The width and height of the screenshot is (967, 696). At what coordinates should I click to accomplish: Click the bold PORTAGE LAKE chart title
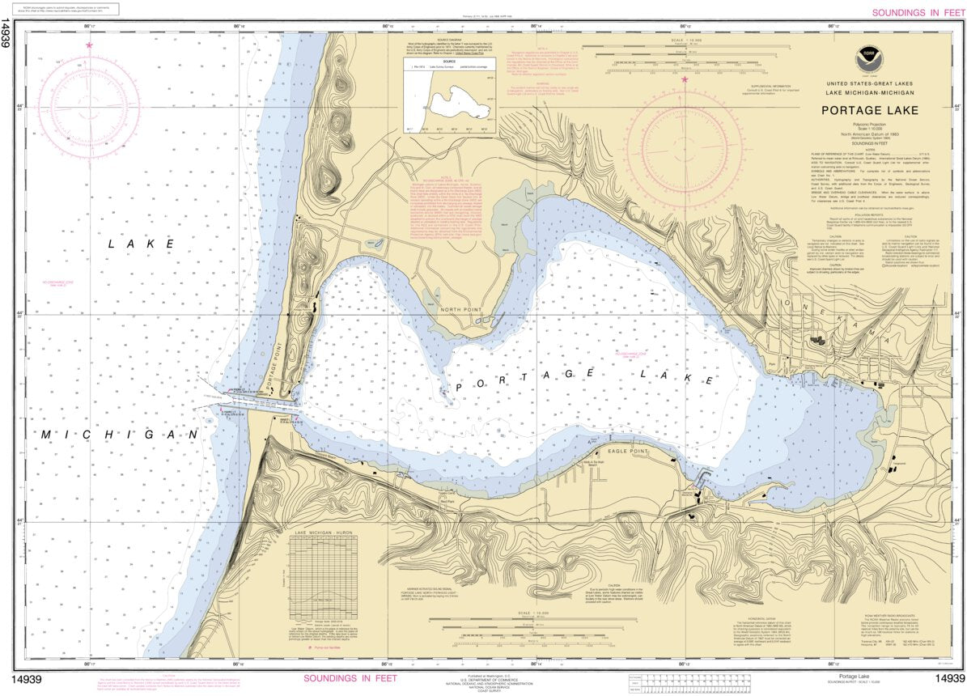[x=866, y=111]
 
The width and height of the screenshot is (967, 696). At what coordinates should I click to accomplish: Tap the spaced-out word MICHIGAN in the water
[x=121, y=435]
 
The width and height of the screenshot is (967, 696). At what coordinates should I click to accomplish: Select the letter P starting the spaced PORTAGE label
[x=460, y=388]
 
